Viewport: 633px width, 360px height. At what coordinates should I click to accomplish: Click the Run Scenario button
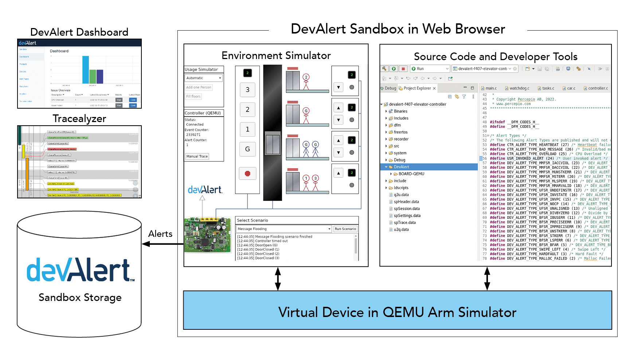tap(345, 229)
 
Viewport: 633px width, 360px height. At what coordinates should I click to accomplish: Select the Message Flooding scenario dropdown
tap(284, 229)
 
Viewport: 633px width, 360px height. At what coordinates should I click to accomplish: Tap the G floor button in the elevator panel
tap(247, 149)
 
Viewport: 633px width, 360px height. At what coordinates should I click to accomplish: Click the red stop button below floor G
tap(247, 173)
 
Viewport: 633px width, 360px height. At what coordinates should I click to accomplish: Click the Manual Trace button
tap(197, 156)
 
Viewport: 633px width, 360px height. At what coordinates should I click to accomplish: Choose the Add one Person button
tap(199, 87)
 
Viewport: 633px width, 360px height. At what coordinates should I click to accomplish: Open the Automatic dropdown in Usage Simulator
tap(203, 78)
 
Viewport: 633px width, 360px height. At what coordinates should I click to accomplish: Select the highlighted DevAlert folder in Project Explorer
tap(401, 167)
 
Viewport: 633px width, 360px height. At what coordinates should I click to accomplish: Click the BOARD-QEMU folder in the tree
tap(411, 174)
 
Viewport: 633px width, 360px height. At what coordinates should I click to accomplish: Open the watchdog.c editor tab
tap(519, 88)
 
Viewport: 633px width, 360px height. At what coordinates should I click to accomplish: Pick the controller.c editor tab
tap(598, 88)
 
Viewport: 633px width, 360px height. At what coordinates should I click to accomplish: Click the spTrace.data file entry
tap(405, 223)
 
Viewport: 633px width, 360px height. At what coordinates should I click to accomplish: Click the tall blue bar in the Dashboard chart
tap(86, 70)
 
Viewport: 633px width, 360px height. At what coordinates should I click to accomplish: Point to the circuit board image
tap(208, 235)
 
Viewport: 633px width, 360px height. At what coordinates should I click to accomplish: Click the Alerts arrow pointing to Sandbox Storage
tap(162, 244)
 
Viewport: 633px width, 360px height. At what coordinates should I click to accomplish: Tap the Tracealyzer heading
tap(79, 119)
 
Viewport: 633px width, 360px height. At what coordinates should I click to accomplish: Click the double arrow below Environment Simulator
tap(278, 279)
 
